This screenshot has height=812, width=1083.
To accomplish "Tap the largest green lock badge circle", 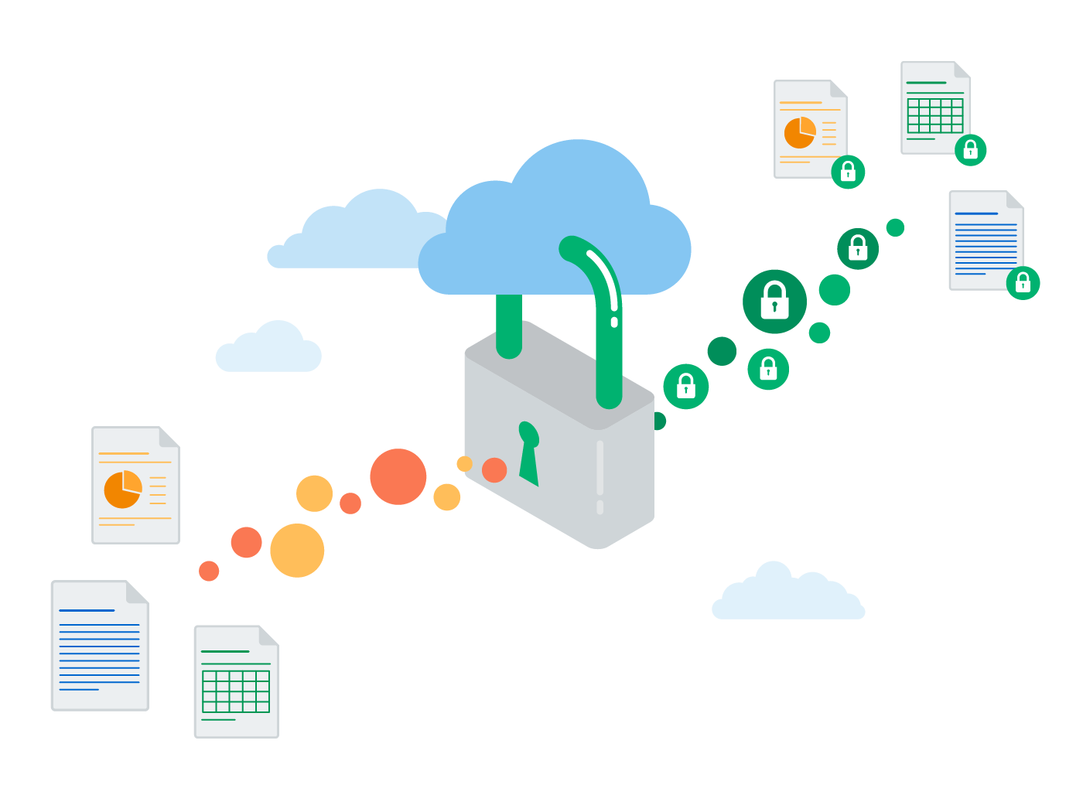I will (x=774, y=301).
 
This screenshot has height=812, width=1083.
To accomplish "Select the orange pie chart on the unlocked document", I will (x=123, y=489).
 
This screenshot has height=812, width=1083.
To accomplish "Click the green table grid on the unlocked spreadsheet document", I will (x=235, y=691).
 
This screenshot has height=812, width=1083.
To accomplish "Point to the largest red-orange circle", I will (x=398, y=476).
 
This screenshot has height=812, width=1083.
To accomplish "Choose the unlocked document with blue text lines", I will (x=99, y=646).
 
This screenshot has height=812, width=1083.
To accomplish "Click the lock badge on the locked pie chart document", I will (x=848, y=172).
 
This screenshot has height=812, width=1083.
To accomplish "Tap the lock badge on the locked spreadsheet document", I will (x=970, y=150).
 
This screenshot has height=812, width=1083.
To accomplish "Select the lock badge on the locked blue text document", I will (x=1023, y=283).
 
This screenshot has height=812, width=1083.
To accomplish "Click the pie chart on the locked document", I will (x=800, y=132).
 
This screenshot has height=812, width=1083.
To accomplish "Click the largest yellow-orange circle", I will (x=297, y=551).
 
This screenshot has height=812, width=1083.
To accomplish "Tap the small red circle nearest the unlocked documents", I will (x=209, y=571).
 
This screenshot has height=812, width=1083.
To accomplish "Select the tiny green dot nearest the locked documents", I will (x=895, y=227).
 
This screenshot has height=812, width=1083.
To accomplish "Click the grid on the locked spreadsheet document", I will (x=935, y=115).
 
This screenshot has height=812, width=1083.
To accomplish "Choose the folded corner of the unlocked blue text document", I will (x=137, y=592).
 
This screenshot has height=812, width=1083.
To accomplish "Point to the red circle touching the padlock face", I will (x=494, y=469).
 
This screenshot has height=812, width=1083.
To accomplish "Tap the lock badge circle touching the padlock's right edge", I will (x=685, y=386).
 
